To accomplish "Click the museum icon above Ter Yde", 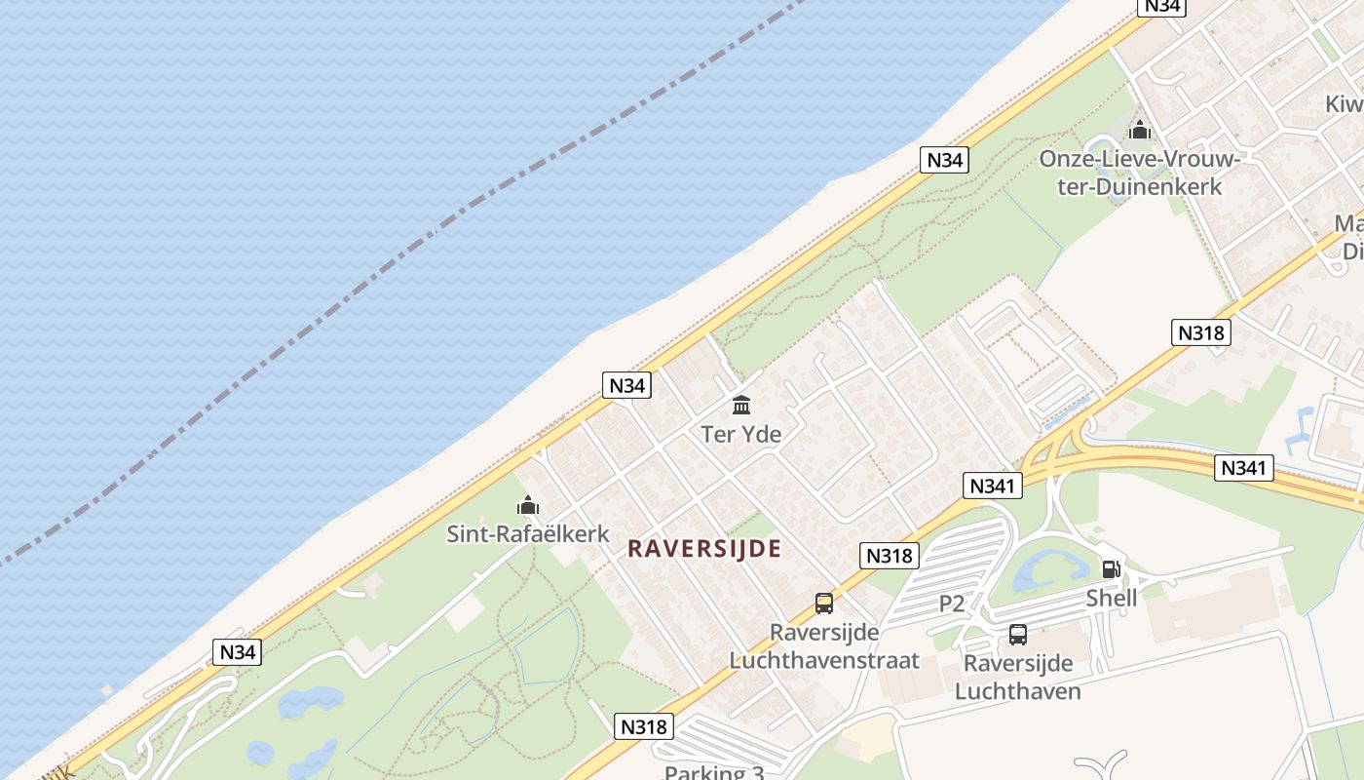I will [x=741, y=405].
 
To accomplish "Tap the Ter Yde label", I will [x=741, y=434].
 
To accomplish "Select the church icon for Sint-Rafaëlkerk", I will [x=528, y=505].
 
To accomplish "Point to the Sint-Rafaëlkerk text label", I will [x=528, y=534].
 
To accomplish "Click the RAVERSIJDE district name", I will [x=704, y=549].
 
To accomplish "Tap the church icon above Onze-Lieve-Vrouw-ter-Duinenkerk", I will [x=1139, y=130].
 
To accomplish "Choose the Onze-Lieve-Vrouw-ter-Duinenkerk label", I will [x=1139, y=172].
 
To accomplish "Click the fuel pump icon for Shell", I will [x=1111, y=569].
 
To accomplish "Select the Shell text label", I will [x=1112, y=598].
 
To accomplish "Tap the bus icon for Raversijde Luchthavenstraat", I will [x=824, y=604].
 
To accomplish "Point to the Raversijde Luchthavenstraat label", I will [x=824, y=646].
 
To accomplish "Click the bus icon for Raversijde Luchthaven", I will [x=1018, y=635].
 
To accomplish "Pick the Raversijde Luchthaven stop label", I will [x=1018, y=677].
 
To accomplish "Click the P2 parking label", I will [x=952, y=604].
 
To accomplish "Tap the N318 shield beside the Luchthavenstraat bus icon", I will [x=890, y=556].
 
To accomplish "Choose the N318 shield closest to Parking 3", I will [x=645, y=726].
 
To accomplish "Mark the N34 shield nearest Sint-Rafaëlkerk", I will [x=626, y=385].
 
